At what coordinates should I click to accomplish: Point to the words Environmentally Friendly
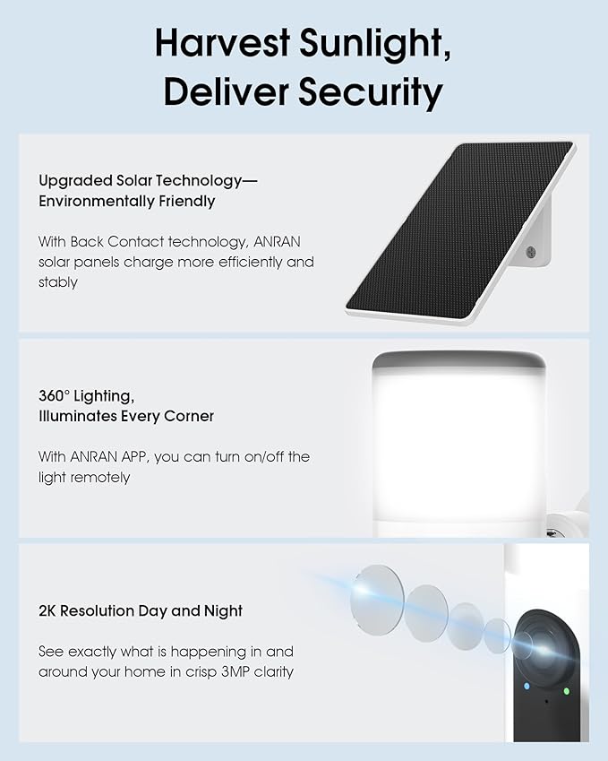(126, 201)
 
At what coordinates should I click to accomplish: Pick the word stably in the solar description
(58, 282)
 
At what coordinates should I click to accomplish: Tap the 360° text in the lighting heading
(55, 395)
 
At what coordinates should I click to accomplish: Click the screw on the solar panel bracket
(531, 254)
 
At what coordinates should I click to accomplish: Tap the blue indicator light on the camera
(527, 686)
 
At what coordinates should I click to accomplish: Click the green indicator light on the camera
(568, 690)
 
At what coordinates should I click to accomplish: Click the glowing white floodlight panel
(457, 439)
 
